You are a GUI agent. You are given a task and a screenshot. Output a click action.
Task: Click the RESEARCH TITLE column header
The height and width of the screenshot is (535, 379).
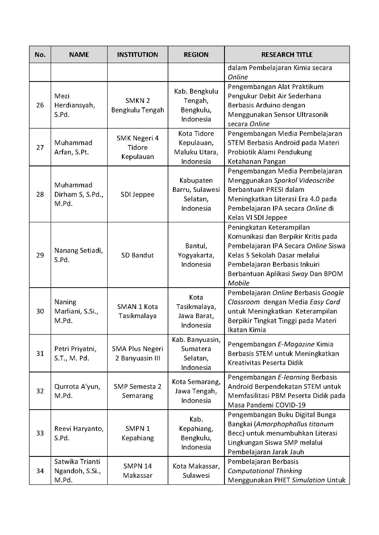(x=287, y=54)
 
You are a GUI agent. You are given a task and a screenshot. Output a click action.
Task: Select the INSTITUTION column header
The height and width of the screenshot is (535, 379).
(x=137, y=54)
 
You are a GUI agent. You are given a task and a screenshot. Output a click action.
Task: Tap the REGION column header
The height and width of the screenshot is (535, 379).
(x=196, y=54)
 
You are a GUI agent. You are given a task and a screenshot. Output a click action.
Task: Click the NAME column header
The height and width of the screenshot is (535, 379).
(x=79, y=54)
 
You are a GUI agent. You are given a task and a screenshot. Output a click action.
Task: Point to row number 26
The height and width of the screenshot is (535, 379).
(x=40, y=105)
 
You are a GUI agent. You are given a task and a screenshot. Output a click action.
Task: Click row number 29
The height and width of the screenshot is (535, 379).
(x=40, y=255)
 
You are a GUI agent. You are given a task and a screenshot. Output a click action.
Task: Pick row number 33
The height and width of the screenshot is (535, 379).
(x=40, y=433)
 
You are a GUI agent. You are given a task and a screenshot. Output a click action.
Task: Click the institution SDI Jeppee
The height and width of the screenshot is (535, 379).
(x=137, y=194)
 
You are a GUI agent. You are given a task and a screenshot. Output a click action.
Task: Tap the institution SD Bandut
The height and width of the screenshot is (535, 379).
(x=137, y=255)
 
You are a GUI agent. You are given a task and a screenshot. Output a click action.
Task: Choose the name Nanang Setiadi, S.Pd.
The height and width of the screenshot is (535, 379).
(x=78, y=255)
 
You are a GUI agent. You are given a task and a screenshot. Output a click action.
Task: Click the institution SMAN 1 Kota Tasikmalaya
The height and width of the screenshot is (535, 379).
(x=137, y=311)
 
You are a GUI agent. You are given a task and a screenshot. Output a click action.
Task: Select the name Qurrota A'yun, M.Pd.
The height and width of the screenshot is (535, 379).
(x=77, y=391)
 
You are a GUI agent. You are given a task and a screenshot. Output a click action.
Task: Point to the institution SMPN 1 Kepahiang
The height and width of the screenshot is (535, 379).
(x=137, y=433)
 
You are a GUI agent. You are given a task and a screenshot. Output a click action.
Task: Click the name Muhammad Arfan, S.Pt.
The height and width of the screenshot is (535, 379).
(x=73, y=147)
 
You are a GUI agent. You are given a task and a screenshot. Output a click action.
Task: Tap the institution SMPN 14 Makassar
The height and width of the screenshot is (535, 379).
(x=137, y=471)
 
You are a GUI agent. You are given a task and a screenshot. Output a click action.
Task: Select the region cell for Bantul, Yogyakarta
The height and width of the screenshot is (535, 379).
(x=196, y=255)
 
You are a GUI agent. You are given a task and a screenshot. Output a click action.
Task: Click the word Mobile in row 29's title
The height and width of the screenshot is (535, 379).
(x=238, y=283)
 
